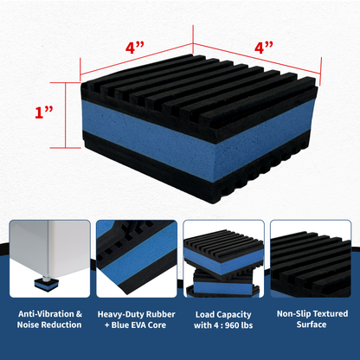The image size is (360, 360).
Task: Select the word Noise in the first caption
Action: click(30, 326)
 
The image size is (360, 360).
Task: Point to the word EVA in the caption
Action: click(138, 326)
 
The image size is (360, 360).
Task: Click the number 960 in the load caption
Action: click(241, 326)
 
